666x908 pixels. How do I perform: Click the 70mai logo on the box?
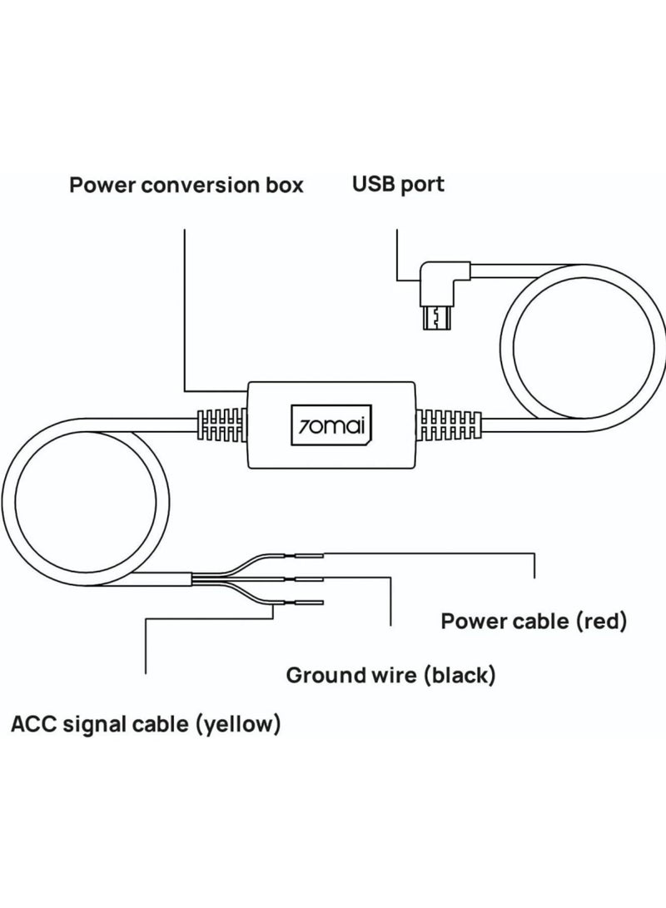tap(331, 425)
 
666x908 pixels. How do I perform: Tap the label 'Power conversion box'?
tap(186, 186)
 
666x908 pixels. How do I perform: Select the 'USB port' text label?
tap(399, 185)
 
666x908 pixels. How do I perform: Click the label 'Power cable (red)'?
tap(534, 622)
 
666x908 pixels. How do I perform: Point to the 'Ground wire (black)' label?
tap(391, 675)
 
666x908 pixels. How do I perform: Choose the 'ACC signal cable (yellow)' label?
tap(146, 724)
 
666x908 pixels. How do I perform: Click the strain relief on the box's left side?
tap(221, 425)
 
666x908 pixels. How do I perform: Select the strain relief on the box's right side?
tap(449, 425)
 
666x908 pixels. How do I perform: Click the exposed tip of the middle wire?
tap(309, 578)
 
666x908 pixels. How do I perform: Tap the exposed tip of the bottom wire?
tap(309, 603)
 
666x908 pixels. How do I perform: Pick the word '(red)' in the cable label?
tap(601, 622)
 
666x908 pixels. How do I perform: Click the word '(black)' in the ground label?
tap(460, 675)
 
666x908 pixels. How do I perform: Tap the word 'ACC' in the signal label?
tap(33, 724)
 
